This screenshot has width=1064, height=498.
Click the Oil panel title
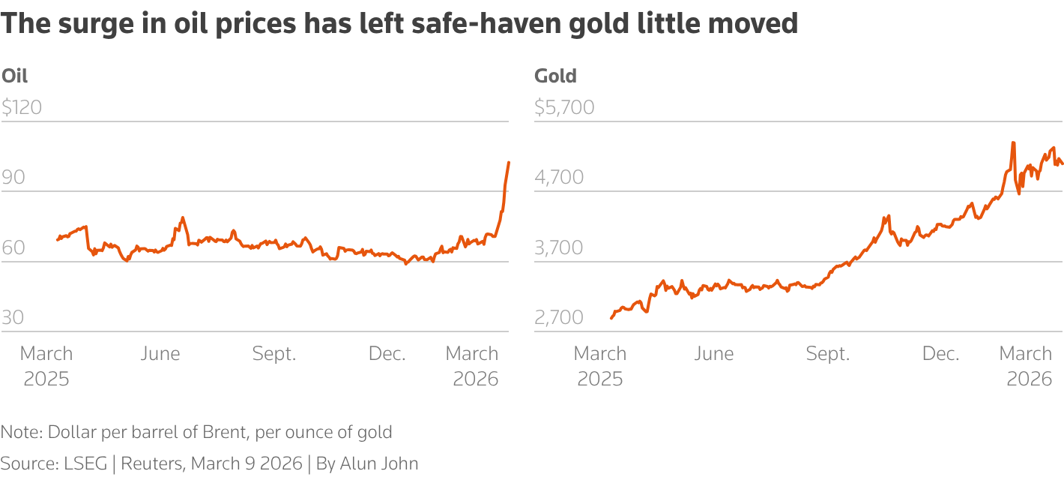point(15,76)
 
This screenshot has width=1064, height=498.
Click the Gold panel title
point(555,76)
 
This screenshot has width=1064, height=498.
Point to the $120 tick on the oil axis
point(22,107)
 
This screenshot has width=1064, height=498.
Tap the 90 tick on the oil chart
point(14,178)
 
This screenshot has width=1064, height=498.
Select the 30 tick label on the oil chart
point(13,318)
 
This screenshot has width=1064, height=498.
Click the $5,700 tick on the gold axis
point(564,107)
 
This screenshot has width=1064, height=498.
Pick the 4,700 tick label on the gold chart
point(558,178)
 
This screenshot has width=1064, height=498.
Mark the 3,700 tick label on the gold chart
point(558,247)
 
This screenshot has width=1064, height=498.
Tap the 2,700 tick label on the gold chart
point(558,318)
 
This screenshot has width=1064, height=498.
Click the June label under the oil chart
point(160,354)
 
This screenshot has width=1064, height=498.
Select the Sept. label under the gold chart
point(828,354)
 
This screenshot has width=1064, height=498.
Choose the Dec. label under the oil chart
point(387,354)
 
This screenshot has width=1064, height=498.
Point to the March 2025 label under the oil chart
point(46,366)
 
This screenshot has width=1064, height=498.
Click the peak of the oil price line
point(509,162)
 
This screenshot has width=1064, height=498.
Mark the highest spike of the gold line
point(1013,142)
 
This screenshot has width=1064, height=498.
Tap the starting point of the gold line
point(611,319)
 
